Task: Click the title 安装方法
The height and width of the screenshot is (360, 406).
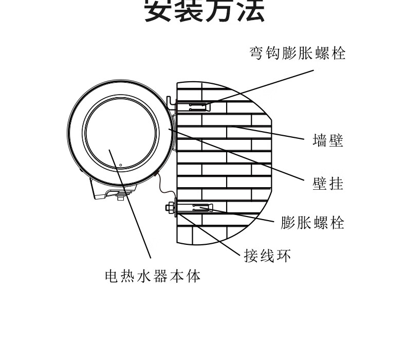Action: tap(204, 11)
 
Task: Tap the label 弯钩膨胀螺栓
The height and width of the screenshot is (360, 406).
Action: tap(298, 53)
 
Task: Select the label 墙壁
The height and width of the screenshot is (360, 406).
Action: tap(328, 140)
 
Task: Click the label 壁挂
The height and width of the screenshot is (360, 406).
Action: tap(328, 183)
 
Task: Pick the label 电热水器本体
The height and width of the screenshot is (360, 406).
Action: tap(153, 277)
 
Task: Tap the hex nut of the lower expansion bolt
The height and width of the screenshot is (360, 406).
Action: tap(168, 208)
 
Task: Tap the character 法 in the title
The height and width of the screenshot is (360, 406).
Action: tap(250, 11)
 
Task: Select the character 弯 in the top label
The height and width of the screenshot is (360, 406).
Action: tap(257, 53)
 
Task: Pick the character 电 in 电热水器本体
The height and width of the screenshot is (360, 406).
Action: tap(111, 277)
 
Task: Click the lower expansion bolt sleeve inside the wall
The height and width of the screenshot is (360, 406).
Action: tap(200, 209)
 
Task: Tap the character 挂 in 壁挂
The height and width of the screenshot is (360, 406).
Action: tap(336, 183)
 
